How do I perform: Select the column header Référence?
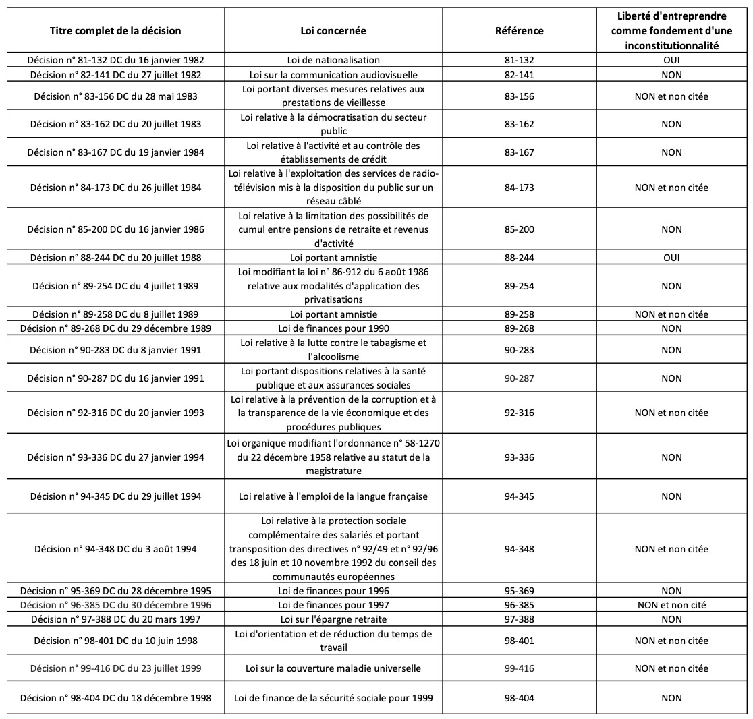coord(519,31)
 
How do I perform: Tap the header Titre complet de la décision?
coord(115,31)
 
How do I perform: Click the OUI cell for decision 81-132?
coord(671,60)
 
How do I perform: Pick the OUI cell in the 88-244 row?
coord(671,258)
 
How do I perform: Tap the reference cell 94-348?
coord(519,549)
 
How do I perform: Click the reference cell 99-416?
coord(519,668)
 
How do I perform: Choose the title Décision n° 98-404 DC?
coord(115,698)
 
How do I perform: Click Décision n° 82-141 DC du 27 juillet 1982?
coord(115,74)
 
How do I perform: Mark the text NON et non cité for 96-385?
coord(671,605)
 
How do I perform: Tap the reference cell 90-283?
coord(519,350)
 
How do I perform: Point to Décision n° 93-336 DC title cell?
coord(115,457)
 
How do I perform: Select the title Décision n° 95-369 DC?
coord(115,591)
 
